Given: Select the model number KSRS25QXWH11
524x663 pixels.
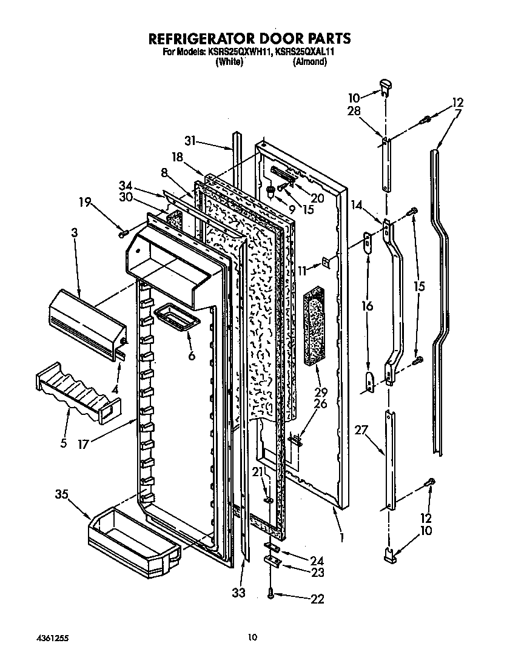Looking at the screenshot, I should tap(240, 53).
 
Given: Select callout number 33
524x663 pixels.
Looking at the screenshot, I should tap(239, 593).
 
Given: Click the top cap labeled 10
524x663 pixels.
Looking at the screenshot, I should tap(384, 86).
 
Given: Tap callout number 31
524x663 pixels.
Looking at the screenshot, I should tap(192, 141).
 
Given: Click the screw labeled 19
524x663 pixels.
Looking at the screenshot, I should tap(124, 231).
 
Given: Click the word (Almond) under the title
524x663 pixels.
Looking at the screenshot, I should tap(310, 62).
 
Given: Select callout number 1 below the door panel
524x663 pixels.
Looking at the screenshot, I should tap(342, 537).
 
